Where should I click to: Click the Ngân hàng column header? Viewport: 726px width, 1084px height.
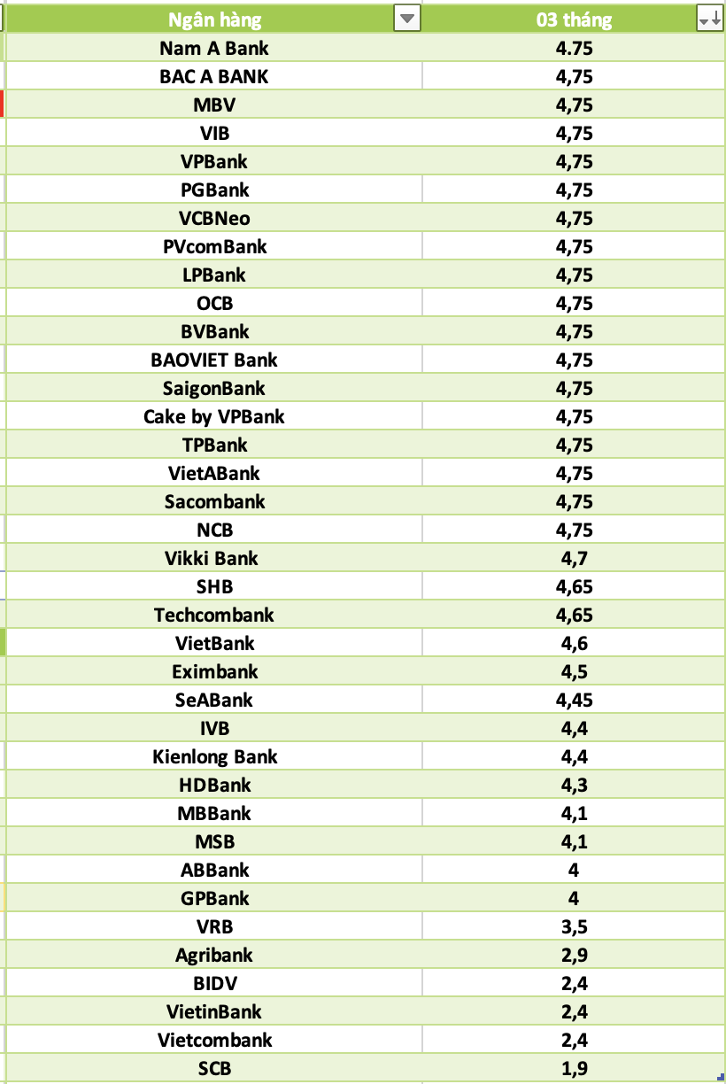[x=215, y=19]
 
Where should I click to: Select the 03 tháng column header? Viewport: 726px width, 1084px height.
[x=574, y=19]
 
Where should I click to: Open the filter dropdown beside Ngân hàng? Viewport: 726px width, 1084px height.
[x=406, y=19]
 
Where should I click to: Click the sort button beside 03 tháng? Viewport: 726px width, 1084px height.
[x=709, y=19]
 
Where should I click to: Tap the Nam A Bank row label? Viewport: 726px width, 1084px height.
[x=214, y=48]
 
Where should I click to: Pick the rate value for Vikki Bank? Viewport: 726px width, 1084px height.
[x=574, y=558]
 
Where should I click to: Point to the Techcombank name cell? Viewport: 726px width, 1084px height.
[x=214, y=615]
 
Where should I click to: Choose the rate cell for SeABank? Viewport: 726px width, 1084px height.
[x=574, y=700]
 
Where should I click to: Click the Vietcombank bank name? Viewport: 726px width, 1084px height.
[x=214, y=1040]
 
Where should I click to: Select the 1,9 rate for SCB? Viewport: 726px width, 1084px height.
[x=574, y=1068]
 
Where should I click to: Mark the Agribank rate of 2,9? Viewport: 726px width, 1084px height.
[x=574, y=955]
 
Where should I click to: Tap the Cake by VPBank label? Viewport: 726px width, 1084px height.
[x=214, y=416]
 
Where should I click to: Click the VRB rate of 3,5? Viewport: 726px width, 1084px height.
[x=574, y=926]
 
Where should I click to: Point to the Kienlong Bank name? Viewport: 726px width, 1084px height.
[x=214, y=756]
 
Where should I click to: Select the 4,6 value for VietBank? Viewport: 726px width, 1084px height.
[x=574, y=643]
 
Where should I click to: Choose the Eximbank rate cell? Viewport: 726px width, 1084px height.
[x=574, y=671]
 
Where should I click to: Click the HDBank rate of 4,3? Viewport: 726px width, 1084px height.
[x=574, y=785]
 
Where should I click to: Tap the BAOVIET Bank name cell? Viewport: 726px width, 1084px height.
[x=214, y=360]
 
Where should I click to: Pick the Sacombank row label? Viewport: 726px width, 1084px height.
[x=214, y=501]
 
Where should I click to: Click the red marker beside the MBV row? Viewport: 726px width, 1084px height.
[x=3, y=105]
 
